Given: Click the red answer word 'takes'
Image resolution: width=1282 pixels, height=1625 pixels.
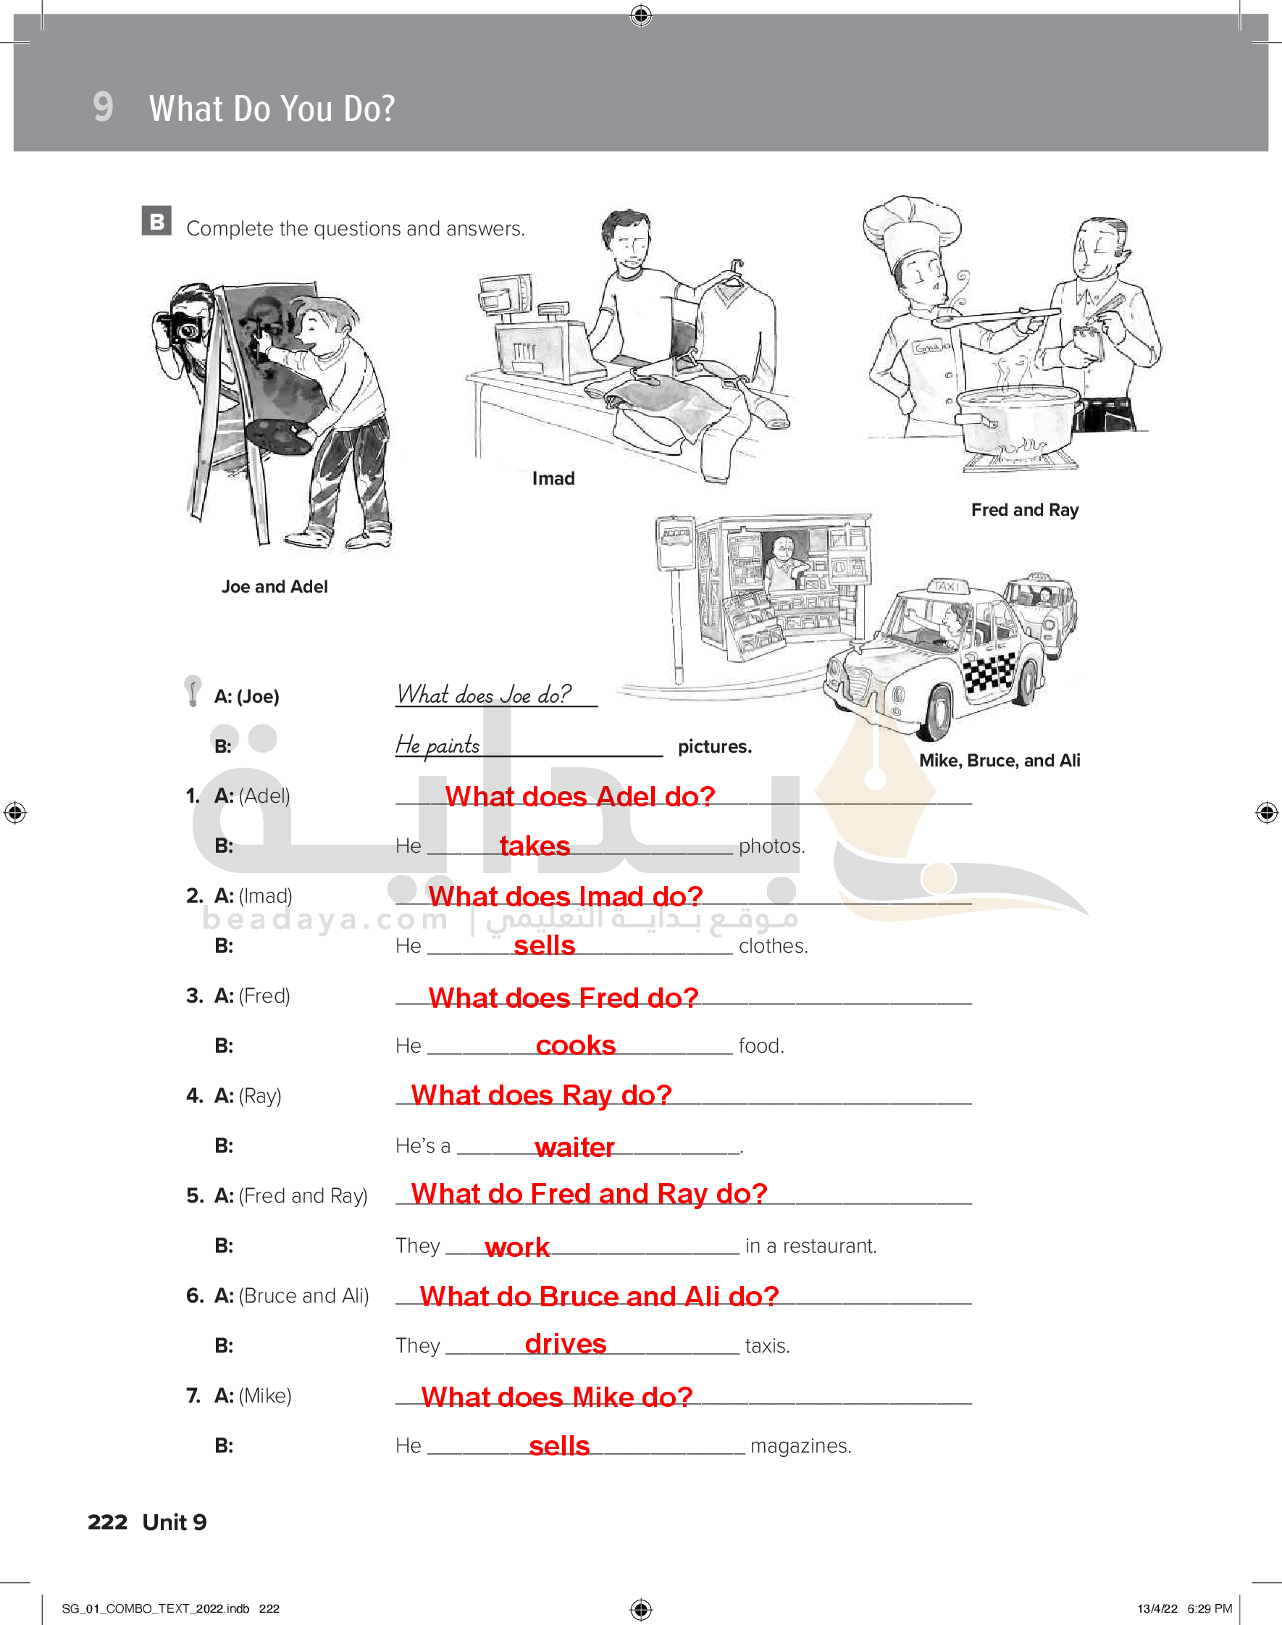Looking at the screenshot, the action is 535,846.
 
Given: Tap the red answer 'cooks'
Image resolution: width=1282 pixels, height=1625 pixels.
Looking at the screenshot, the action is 576,1045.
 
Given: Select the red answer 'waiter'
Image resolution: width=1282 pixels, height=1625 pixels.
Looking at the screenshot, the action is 574,1147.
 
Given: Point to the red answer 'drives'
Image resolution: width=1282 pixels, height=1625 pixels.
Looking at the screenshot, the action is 565,1343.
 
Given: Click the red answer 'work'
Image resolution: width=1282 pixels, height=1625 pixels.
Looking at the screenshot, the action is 517,1247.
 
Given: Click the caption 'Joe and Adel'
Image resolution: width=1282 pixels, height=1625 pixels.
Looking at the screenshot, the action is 275,587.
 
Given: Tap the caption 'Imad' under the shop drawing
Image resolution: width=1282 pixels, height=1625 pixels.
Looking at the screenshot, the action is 553,479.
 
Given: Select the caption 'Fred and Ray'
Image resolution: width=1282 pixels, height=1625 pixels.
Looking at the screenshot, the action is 1025,510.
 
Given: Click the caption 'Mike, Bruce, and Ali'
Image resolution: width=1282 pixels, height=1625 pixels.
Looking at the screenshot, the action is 1000,760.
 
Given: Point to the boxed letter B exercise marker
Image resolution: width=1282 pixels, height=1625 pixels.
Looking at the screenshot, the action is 157,222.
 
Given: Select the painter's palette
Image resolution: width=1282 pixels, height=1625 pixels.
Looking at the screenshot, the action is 278,437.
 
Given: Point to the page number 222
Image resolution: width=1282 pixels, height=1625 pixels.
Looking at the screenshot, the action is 107,1522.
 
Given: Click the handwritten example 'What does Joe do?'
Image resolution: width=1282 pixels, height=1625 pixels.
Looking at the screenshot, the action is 484,694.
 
